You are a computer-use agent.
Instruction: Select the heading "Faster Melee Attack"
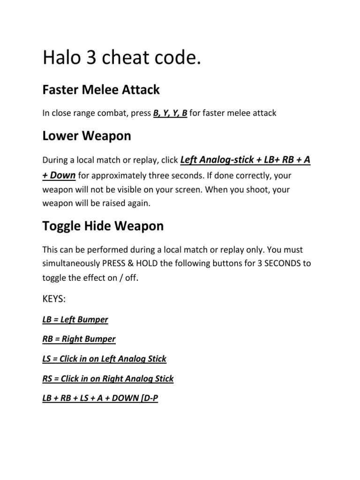[x=101, y=89]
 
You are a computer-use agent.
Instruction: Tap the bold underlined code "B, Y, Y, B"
[x=170, y=113]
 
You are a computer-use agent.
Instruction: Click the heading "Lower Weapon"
[x=87, y=136]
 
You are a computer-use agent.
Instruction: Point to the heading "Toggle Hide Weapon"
[x=103, y=226]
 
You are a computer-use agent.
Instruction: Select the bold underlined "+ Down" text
[x=59, y=175]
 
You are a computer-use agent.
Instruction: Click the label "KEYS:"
[x=54, y=299]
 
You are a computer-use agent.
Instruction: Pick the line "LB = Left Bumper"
[x=75, y=320]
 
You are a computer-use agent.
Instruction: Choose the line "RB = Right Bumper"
[x=79, y=339]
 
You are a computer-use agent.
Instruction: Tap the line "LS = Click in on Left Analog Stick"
[x=104, y=359]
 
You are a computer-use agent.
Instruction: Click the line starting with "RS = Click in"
[x=108, y=378]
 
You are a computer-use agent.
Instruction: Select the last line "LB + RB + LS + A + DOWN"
[x=100, y=398]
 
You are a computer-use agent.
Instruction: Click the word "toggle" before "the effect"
[x=54, y=277]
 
